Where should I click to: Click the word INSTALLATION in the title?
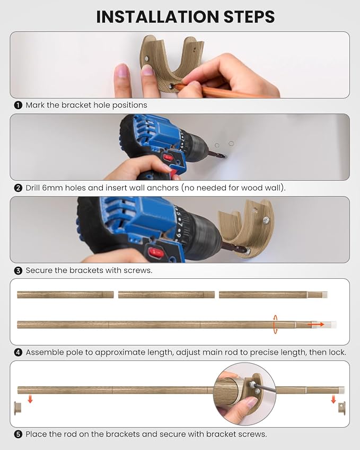pos(157,16)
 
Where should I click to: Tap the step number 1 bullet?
pos(18,105)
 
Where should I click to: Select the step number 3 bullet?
pos(18,271)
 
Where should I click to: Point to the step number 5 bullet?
pos(18,435)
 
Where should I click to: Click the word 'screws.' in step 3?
pos(138,271)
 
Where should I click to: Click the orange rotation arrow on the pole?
pos(275,324)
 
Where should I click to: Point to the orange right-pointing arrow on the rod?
pos(316,324)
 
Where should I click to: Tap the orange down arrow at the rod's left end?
pos(30,399)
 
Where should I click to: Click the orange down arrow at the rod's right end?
pos(333,399)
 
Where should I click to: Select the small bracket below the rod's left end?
pos(18,408)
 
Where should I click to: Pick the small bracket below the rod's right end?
pos(342,408)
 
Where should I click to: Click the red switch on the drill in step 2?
pos(168,157)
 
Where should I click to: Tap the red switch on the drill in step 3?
pos(155,253)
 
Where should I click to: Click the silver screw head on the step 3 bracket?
pos(266,220)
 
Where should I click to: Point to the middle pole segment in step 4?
pos(166,295)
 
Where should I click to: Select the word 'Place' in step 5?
pos(36,435)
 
